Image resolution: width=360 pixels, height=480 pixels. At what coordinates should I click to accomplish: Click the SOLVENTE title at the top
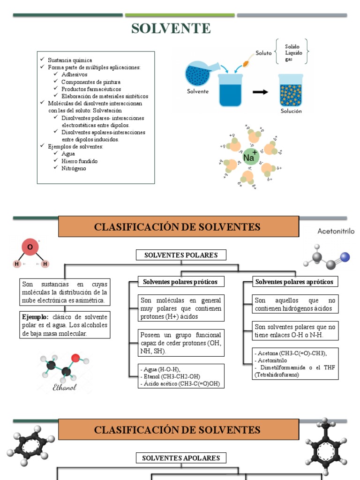point(171,29)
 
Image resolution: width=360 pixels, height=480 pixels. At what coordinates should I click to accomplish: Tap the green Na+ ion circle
point(250,156)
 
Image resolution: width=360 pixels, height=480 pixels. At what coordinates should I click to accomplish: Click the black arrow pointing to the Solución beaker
point(260,92)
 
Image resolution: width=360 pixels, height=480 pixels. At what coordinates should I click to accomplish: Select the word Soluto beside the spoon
point(264,53)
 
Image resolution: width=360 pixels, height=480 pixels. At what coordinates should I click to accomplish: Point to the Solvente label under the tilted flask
point(197,91)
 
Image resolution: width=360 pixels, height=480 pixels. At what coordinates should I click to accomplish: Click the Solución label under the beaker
point(291,111)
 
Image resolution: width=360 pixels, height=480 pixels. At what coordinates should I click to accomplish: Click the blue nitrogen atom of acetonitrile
point(345,257)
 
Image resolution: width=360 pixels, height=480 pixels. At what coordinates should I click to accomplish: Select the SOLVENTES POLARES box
point(181,255)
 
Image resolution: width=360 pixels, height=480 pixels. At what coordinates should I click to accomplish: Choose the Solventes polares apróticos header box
point(294,281)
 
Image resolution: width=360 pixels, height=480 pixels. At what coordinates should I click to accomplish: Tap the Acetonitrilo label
point(336,231)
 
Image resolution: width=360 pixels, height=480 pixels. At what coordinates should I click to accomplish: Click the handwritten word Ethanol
point(65,387)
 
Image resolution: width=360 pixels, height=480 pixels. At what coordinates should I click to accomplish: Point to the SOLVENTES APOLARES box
point(181,458)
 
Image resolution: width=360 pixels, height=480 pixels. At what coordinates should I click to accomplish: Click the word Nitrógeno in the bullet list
point(74,168)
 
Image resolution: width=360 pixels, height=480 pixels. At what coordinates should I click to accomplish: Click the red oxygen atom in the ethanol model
point(75,358)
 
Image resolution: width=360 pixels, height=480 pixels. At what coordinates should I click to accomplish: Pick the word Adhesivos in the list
point(74,74)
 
